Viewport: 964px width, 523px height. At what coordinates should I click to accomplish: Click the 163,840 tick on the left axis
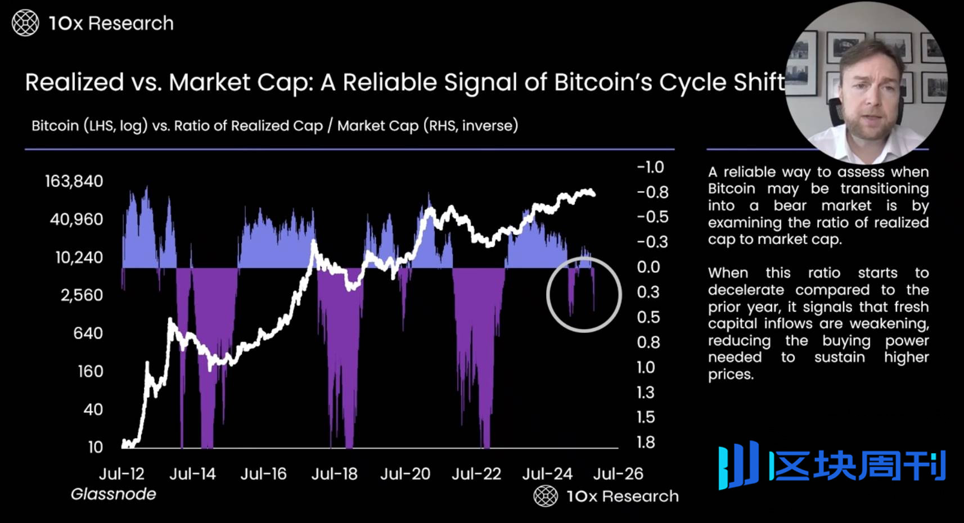pyautogui.click(x=74, y=181)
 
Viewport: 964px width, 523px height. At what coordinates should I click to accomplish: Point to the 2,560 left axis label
pyautogui.click(x=82, y=295)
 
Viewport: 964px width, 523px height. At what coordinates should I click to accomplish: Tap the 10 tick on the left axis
pyautogui.click(x=96, y=447)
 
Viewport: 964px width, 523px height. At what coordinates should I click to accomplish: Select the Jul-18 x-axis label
pyautogui.click(x=334, y=474)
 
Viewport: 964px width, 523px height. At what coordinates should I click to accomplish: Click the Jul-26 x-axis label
pyautogui.click(x=618, y=474)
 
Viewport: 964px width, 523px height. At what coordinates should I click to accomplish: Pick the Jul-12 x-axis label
pyautogui.click(x=121, y=474)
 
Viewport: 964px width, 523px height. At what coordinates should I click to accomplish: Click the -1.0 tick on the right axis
pyautogui.click(x=650, y=167)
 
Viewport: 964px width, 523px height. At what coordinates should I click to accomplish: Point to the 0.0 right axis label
pyautogui.click(x=648, y=267)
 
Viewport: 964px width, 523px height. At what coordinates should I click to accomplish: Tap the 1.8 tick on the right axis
pyautogui.click(x=646, y=443)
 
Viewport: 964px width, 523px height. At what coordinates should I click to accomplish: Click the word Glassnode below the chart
pyautogui.click(x=113, y=494)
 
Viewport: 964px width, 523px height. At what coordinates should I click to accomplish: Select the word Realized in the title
pyautogui.click(x=74, y=83)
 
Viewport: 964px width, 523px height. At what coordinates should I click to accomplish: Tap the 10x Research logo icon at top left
pyautogui.click(x=25, y=23)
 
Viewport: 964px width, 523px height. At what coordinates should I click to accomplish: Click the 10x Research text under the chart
pyautogui.click(x=622, y=496)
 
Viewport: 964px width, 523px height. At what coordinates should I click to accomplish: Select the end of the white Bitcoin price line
pyautogui.click(x=594, y=194)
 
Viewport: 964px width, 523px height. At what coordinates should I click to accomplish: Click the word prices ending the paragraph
pyautogui.click(x=729, y=375)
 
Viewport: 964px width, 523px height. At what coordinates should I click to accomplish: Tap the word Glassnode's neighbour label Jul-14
pyautogui.click(x=192, y=474)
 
